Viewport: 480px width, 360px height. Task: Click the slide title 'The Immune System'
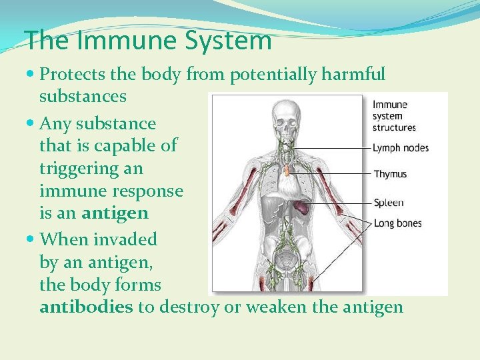[148, 41]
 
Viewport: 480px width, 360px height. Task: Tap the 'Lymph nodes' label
[400, 147]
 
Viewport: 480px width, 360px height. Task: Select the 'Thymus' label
[390, 175]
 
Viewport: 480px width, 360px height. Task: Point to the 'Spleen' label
[388, 203]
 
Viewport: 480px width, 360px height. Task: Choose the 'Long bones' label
[397, 223]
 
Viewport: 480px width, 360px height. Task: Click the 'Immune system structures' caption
[393, 115]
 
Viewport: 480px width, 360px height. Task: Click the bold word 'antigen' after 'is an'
[114, 214]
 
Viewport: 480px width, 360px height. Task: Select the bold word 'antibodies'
[87, 307]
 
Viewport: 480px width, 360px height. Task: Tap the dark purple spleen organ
[303, 207]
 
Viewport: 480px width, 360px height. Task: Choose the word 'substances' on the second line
[83, 97]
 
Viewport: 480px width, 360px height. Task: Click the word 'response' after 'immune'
[148, 191]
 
